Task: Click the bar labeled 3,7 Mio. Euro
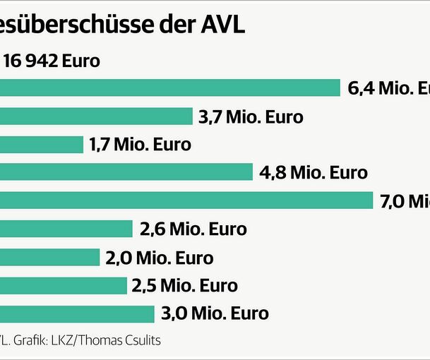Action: pyautogui.click(x=96, y=116)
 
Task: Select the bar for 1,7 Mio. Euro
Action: pyautogui.click(x=42, y=145)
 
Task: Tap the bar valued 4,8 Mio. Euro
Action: pyautogui.click(x=126, y=172)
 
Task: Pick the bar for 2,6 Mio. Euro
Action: pyautogui.click(x=66, y=229)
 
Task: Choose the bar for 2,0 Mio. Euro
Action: pyautogui.click(x=50, y=258)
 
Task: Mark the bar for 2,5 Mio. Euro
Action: pyautogui.click(x=63, y=285)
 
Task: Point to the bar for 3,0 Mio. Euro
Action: pyautogui.click(x=77, y=313)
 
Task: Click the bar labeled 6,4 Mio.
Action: pyautogui.click(x=170, y=88)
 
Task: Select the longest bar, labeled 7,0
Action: pyautogui.click(x=186, y=201)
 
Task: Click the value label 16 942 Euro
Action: pyautogui.click(x=52, y=61)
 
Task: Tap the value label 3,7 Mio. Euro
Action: pyautogui.click(x=251, y=116)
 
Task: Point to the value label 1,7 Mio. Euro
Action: pyautogui.click(x=140, y=145)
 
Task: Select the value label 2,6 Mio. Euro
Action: pyautogui.click(x=193, y=229)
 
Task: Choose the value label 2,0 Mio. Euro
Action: pyautogui.click(x=159, y=258)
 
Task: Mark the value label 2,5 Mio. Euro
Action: pyautogui.click(x=184, y=285)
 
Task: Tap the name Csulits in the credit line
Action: pyautogui.click(x=140, y=340)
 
